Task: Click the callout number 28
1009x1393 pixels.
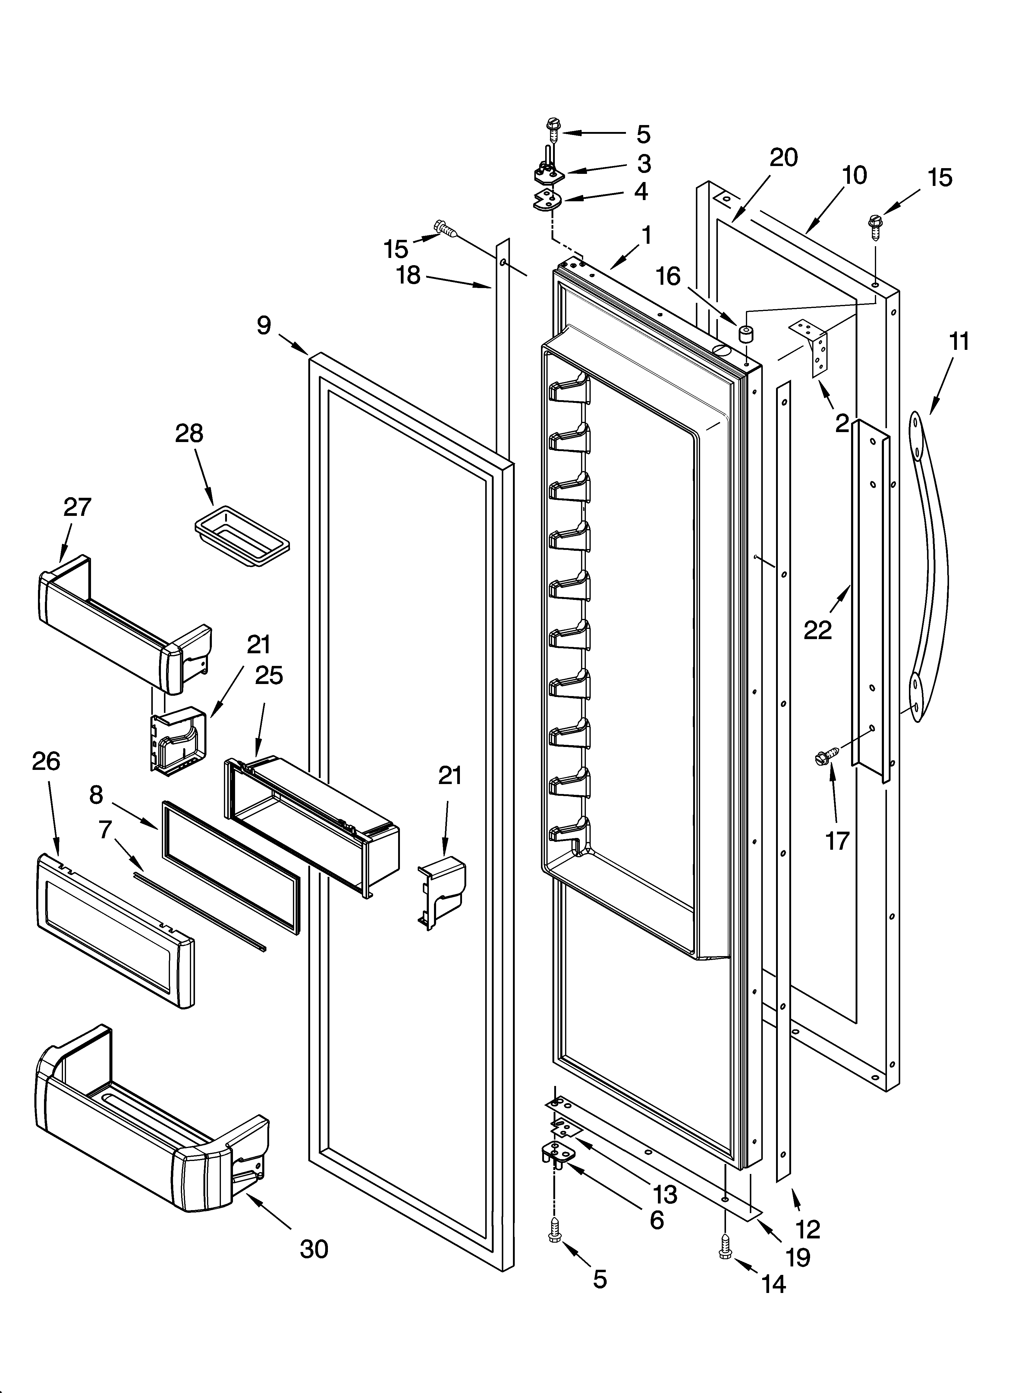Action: tap(189, 434)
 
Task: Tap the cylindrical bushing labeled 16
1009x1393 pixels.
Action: tap(746, 335)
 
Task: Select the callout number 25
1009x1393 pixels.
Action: tap(269, 676)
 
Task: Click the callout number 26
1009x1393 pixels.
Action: tap(46, 762)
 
